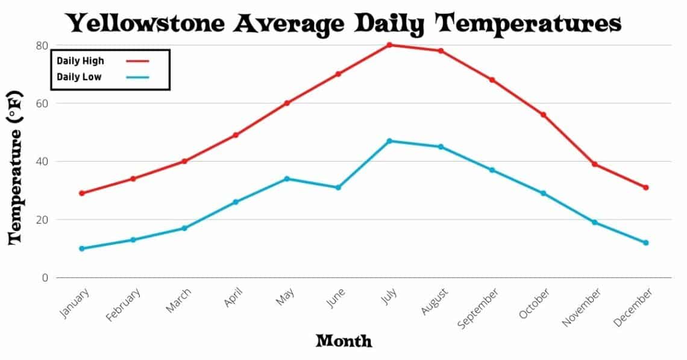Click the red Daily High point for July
point(389,45)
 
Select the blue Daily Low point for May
point(287,178)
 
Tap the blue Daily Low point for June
point(338,188)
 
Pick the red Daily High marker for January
point(81,193)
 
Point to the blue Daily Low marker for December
point(645,242)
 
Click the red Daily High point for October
point(543,115)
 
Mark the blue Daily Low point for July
point(389,141)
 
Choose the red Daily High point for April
point(236,135)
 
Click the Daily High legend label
point(80,61)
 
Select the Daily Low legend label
point(79,77)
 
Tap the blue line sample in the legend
point(137,77)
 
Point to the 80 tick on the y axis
point(42,45)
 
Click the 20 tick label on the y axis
point(42,219)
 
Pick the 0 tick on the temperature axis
point(45,278)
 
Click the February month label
point(124,305)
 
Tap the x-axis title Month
point(343,341)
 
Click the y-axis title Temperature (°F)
point(16,167)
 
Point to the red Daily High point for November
point(594,164)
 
